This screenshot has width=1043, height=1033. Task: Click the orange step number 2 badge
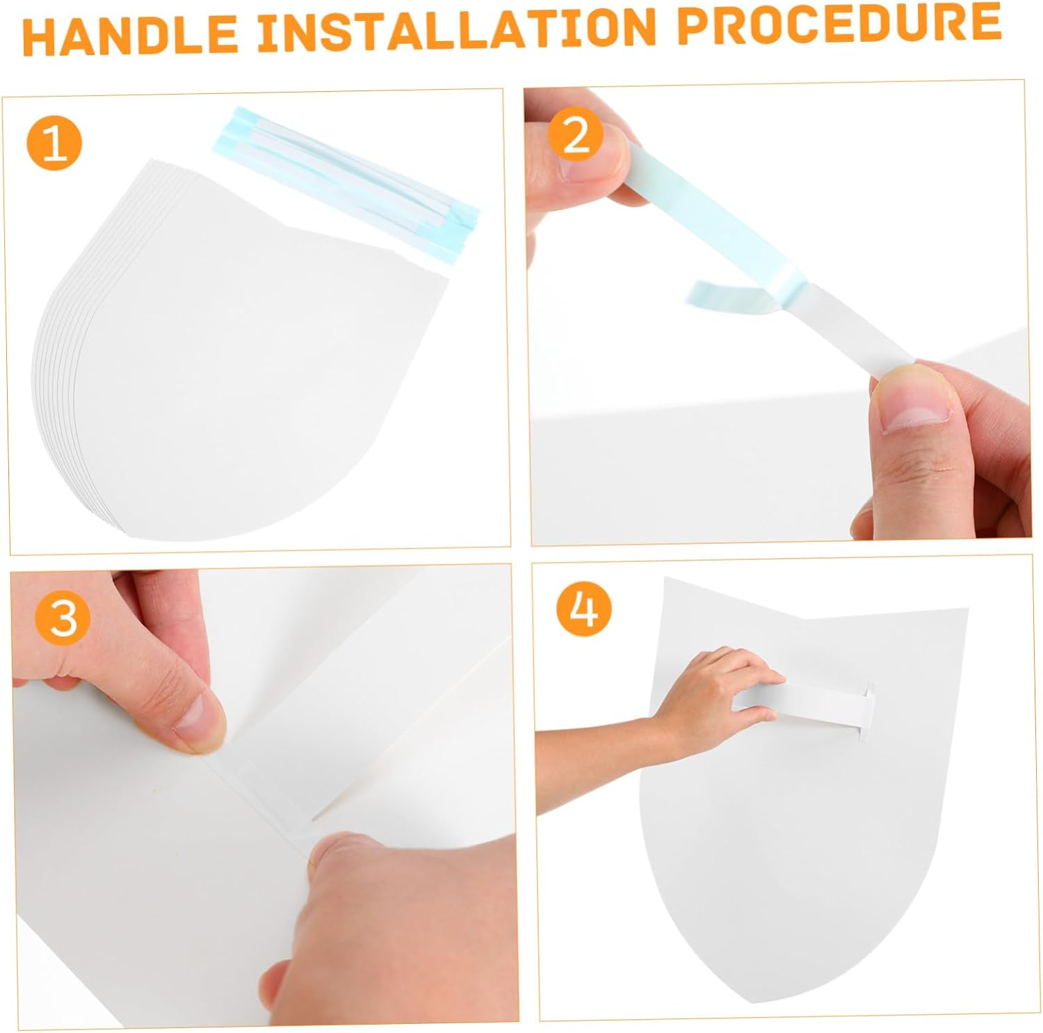575,136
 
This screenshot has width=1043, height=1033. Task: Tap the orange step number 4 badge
583,611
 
